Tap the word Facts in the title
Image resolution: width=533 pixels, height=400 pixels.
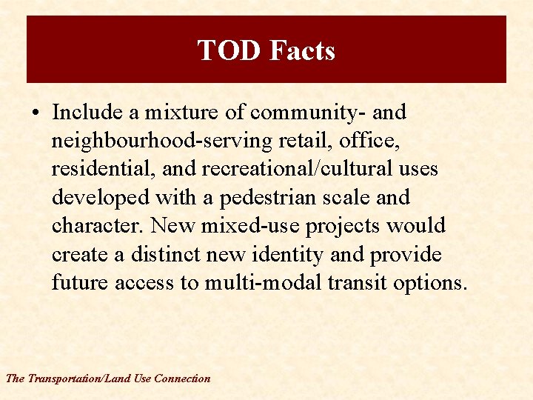click(302, 50)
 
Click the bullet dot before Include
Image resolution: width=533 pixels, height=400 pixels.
click(36, 113)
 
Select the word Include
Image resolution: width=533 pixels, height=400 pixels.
click(87, 113)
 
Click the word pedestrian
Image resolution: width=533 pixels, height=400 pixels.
click(277, 198)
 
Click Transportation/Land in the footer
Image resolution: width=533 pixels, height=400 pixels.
click(80, 379)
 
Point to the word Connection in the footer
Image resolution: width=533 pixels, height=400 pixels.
click(182, 379)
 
